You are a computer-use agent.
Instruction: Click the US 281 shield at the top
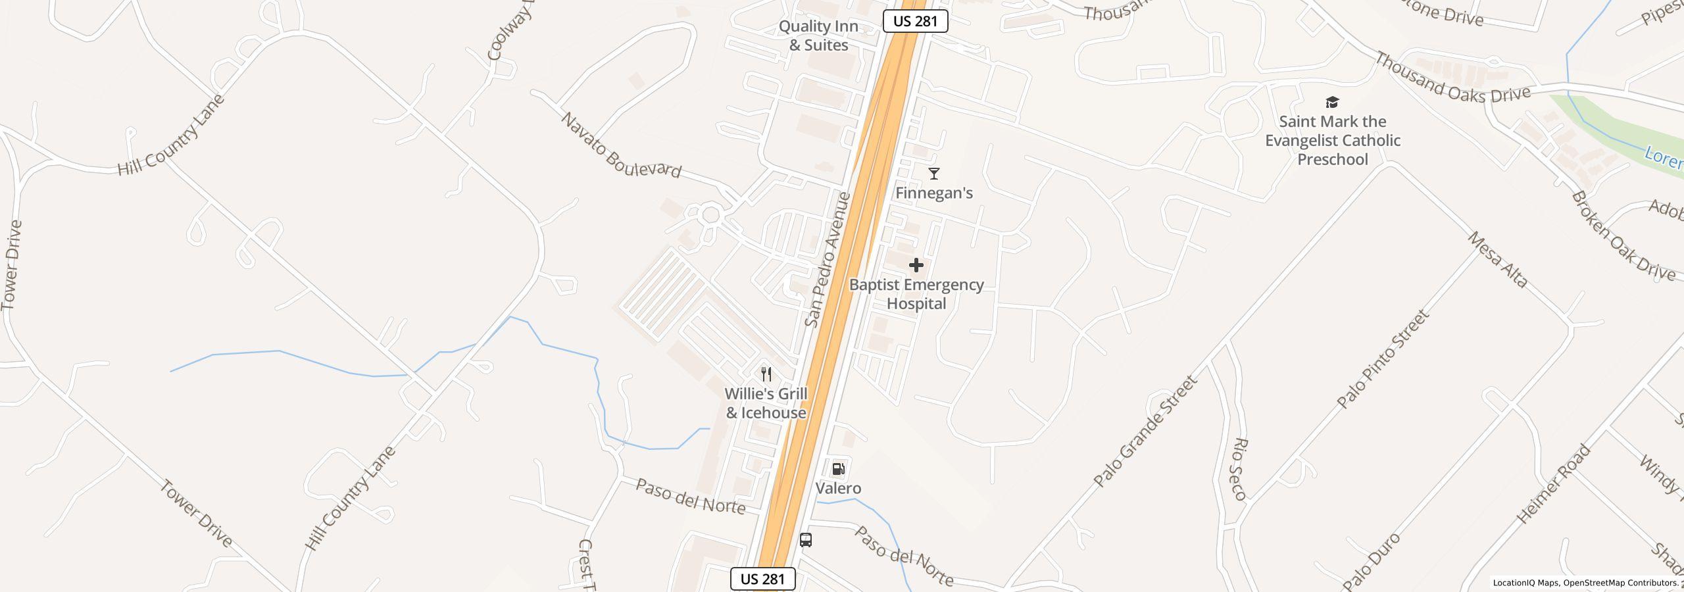[915, 21]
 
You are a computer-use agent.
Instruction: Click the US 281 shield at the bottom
[762, 579]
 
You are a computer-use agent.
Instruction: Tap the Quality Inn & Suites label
[818, 36]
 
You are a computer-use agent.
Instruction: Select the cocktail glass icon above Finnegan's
[933, 174]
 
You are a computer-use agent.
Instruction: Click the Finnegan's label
[933, 193]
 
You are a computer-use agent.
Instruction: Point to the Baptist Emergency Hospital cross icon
[916, 265]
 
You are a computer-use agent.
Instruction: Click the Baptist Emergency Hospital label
[916, 294]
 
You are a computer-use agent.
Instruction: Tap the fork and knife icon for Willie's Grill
[766, 374]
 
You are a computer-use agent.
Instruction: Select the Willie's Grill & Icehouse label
[766, 403]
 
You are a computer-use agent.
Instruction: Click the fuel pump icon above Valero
[838, 469]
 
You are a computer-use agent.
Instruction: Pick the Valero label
[838, 488]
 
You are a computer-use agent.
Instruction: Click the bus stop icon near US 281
[806, 540]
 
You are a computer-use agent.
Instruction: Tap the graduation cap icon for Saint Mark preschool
[1332, 102]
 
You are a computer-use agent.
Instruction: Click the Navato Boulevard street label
[620, 146]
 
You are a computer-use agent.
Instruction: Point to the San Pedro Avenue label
[828, 260]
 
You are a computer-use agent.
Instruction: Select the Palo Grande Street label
[1145, 432]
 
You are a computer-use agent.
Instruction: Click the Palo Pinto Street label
[1384, 359]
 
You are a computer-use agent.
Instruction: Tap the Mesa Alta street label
[1497, 260]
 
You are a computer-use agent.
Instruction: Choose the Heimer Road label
[1554, 484]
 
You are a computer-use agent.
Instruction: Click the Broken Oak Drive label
[1622, 236]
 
